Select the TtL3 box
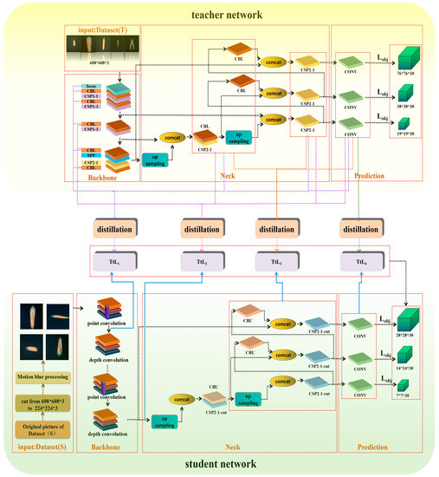click(278, 260)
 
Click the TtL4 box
click(359, 260)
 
